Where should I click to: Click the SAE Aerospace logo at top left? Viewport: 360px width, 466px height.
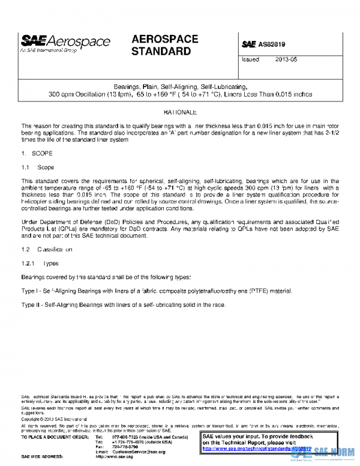click(x=66, y=42)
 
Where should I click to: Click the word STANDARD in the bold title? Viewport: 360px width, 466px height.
click(x=161, y=52)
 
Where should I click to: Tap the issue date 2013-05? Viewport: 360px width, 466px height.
click(x=286, y=60)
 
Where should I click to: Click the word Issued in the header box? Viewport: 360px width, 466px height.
click(x=250, y=60)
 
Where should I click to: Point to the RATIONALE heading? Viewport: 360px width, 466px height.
click(x=163, y=112)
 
